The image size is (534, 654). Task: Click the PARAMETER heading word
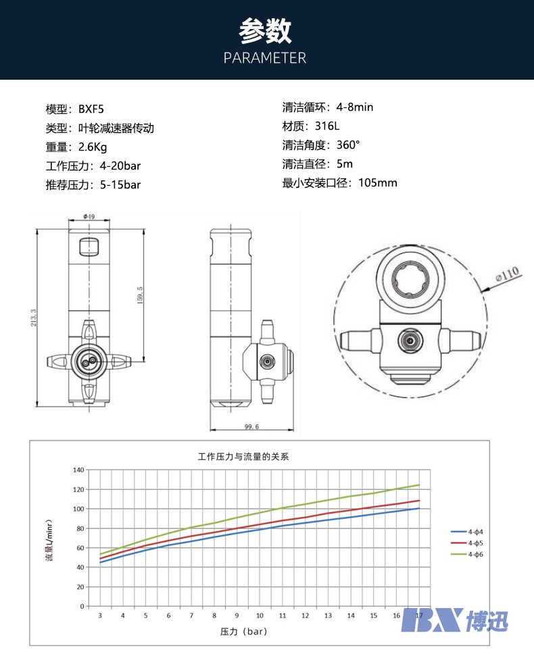265,57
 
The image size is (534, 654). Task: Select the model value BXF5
91,109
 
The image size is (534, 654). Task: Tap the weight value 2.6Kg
93,147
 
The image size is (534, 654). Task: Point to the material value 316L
327,126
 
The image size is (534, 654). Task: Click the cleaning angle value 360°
348,145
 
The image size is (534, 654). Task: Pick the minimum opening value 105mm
378,182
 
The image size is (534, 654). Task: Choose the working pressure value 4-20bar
120,166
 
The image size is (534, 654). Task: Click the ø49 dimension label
89,216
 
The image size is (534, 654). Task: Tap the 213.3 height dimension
33,318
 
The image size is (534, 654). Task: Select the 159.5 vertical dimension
140,295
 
